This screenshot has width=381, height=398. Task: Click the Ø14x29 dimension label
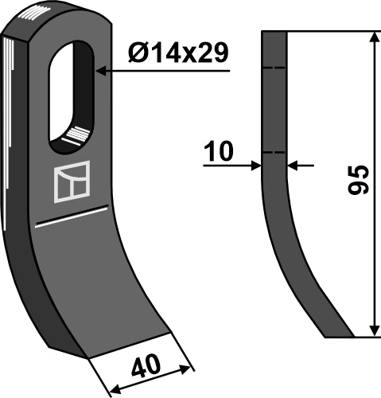point(179,53)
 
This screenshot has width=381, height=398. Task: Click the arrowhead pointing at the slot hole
point(101,72)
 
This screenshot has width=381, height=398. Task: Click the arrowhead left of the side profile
point(257,166)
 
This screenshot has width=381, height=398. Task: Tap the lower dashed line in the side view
point(274,152)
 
